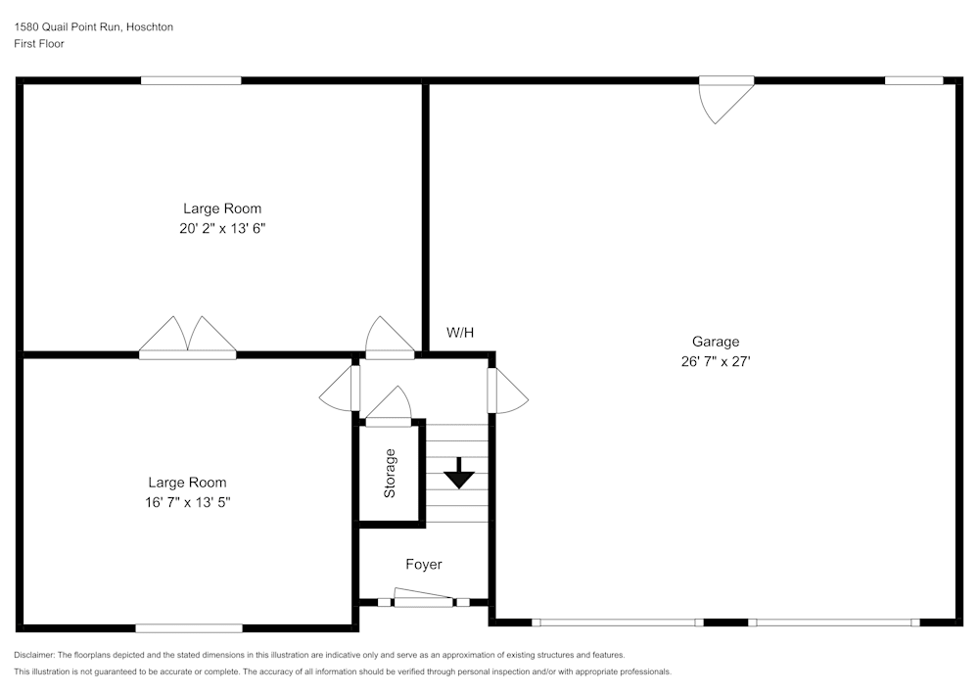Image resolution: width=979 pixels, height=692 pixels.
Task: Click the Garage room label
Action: pos(716,342)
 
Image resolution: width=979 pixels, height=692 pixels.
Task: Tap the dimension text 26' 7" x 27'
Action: pos(716,361)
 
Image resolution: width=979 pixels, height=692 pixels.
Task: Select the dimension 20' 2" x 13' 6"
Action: pos(222,228)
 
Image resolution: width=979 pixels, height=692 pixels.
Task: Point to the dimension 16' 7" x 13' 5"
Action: pos(187,502)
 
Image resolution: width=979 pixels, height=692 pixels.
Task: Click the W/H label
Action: pos(460,333)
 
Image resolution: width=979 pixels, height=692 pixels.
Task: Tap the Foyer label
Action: pos(424,565)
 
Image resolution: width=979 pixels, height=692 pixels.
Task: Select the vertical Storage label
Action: pos(391,473)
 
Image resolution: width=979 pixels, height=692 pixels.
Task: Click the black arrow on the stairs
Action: pos(458,476)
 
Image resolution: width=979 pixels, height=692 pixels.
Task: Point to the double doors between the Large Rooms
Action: pos(187,337)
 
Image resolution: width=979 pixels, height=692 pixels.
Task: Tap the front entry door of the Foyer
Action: pos(423,598)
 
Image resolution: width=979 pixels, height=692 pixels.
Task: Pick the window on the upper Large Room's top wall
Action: pos(191,80)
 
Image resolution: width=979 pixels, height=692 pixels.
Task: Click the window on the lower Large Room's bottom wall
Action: pos(189,627)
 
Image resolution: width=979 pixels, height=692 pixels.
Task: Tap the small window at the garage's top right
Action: pos(913,80)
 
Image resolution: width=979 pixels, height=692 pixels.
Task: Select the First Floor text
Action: pos(39,44)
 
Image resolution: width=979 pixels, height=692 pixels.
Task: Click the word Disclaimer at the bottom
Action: pos(34,655)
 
